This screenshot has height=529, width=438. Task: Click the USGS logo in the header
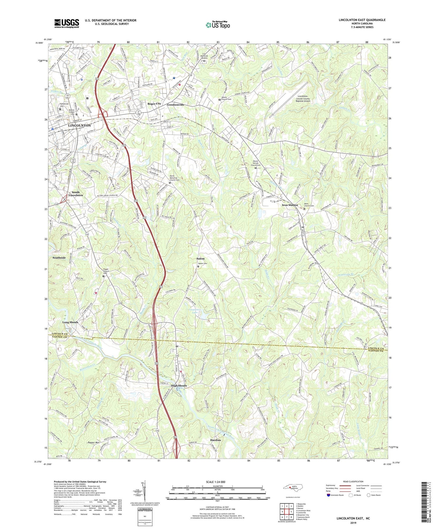67,23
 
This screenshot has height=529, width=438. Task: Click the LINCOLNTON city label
79,125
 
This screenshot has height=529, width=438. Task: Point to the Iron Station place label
290,205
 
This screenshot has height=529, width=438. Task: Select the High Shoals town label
179,385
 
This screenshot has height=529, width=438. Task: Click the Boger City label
154,104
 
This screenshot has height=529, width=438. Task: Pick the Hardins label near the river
215,440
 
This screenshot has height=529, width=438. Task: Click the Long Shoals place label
70,322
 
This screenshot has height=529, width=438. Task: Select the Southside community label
59,258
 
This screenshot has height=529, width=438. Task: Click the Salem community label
200,259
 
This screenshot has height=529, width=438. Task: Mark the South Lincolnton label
76,193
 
